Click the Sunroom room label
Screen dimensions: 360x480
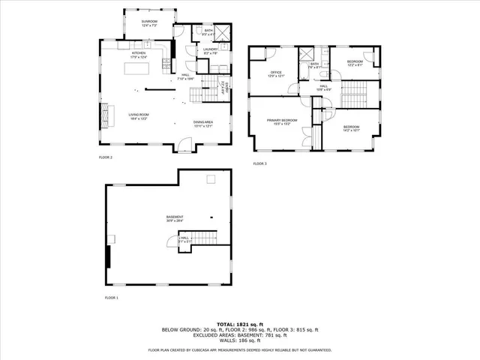[150, 23]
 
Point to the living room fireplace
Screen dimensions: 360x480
[105, 115]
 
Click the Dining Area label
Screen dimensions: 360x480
[203, 125]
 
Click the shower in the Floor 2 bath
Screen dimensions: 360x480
[220, 31]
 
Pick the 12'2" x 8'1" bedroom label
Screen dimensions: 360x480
[355, 63]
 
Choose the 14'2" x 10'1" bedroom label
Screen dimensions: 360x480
[351, 129]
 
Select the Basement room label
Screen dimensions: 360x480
[175, 219]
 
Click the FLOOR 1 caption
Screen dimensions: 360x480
[112, 298]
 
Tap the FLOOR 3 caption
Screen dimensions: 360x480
[259, 163]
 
